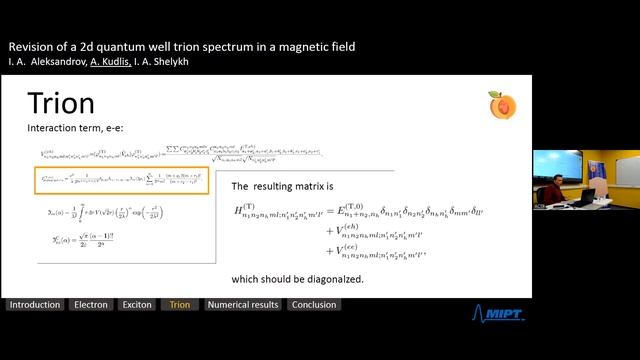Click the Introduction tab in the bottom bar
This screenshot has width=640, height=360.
[33, 305]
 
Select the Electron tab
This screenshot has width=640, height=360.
[91, 305]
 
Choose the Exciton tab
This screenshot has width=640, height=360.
[136, 305]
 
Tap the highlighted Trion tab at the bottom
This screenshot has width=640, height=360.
[180, 305]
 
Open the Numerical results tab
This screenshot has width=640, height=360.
[243, 305]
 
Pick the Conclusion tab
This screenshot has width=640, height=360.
[313, 305]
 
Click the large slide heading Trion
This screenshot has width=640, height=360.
[61, 104]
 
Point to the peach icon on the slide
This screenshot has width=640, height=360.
[501, 104]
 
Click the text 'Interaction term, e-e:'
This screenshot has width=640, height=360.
[71, 129]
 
